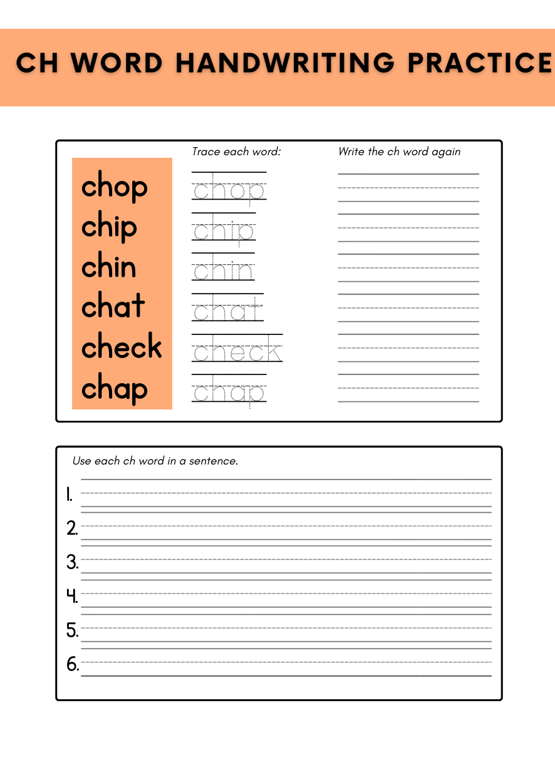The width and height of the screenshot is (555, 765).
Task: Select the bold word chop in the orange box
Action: tap(115, 187)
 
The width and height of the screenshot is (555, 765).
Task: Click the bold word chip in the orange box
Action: tap(109, 227)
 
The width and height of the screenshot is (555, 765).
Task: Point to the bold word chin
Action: tap(109, 267)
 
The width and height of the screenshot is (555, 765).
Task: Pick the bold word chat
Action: tap(113, 307)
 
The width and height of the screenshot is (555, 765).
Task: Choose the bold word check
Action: tap(122, 347)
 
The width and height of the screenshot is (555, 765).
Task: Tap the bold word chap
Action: tap(115, 389)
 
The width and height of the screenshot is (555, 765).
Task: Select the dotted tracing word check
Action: tap(237, 351)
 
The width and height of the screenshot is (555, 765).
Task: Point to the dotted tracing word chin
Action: tap(223, 271)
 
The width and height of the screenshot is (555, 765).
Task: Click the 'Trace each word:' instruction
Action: tap(237, 152)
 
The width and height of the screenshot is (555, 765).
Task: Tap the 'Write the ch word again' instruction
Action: tap(399, 152)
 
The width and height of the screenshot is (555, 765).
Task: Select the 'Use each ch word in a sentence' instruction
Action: tap(155, 461)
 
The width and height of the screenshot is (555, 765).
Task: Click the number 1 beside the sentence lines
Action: tap(70, 496)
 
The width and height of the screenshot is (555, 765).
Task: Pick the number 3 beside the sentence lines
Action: tap(72, 562)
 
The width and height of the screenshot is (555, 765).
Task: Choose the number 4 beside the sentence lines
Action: tap(72, 596)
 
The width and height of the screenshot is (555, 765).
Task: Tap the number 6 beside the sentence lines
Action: tap(73, 664)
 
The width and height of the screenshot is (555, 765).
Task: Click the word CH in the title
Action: tap(37, 64)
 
